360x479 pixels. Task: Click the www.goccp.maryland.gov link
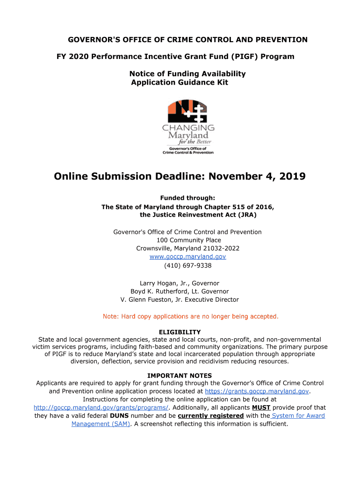pos(187,257)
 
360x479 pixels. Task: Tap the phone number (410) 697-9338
pos(187,266)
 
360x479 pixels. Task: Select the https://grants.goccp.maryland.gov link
pos(257,391)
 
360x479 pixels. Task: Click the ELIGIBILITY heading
pos(180,332)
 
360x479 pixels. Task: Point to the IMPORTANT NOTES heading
pos(180,376)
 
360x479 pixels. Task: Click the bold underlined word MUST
pos(261,407)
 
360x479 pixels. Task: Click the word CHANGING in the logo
pos(188,128)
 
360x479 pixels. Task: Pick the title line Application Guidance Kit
pos(180,83)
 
